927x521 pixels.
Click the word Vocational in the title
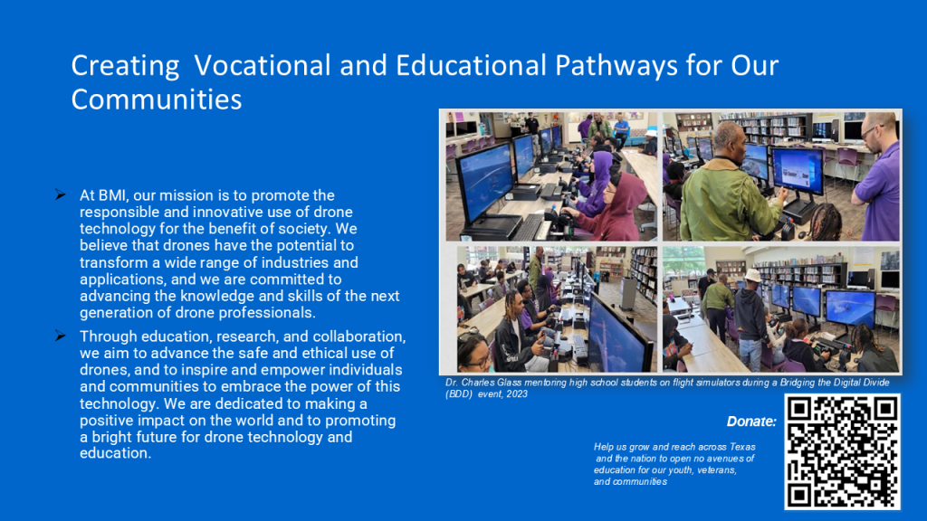(x=262, y=65)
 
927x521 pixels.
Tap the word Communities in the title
(x=157, y=99)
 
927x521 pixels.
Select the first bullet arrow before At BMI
(x=61, y=195)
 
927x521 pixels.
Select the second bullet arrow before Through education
(x=61, y=336)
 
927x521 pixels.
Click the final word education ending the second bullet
(x=115, y=454)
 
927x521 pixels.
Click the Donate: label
(x=751, y=422)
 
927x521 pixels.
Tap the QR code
(x=842, y=452)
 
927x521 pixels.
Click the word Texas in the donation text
(x=742, y=447)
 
